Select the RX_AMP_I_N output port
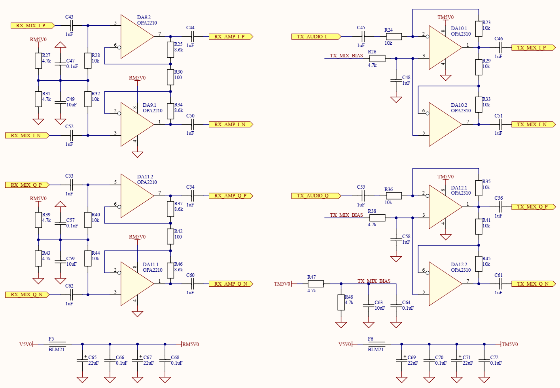[231, 125]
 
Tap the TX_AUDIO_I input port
[316, 37]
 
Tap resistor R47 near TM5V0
[316, 284]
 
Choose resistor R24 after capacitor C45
[394, 37]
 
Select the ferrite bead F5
[57, 344]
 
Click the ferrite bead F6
[376, 344]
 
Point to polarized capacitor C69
[401, 360]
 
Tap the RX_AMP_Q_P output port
[231, 196]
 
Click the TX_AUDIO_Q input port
[316, 196]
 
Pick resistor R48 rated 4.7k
[341, 303]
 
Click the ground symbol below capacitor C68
[165, 380]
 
